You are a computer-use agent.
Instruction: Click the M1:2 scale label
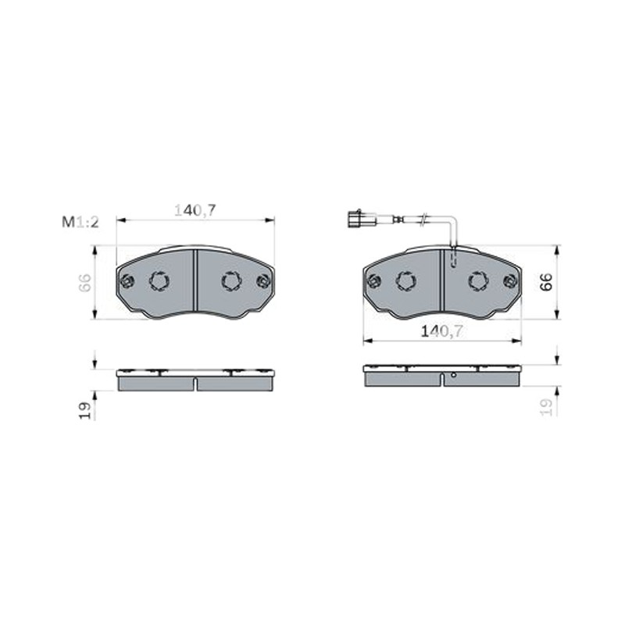pos(80,222)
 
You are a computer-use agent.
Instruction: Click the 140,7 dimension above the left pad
pos(195,210)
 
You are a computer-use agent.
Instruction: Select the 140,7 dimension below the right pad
pos(442,330)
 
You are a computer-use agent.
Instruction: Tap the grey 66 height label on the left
pos(84,283)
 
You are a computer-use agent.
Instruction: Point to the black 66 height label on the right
pos(546,281)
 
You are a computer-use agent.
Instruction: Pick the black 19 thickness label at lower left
pos(85,411)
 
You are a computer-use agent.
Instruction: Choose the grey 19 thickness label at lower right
pos(546,407)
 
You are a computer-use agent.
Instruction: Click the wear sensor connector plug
pos(359,219)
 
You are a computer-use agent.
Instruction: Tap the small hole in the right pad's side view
pos(453,375)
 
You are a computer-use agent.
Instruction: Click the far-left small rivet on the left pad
pos(127,281)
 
